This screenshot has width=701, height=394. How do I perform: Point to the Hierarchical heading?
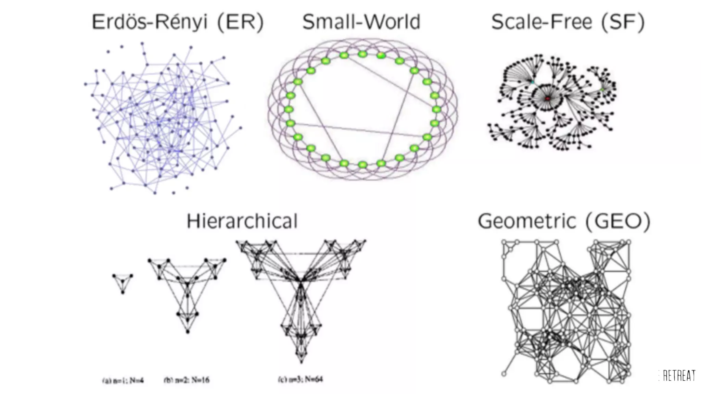pyautogui.click(x=242, y=221)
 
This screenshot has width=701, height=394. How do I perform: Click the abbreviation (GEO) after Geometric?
pyautogui.click(x=618, y=221)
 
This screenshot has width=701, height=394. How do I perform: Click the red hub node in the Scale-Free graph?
pyautogui.click(x=547, y=98)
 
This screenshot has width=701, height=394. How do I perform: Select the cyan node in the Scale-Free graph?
pyautogui.click(x=533, y=82)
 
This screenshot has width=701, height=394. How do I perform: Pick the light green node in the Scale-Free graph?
pyautogui.click(x=602, y=90)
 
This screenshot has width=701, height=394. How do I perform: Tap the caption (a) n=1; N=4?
pyautogui.click(x=123, y=380)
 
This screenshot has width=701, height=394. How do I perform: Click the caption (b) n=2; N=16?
pyautogui.click(x=187, y=380)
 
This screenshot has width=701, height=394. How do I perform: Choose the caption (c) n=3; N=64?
pyautogui.click(x=300, y=379)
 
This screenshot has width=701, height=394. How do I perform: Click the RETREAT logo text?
pyautogui.click(x=679, y=376)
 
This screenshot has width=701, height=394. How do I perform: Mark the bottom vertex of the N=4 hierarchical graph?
pyautogui.click(x=123, y=292)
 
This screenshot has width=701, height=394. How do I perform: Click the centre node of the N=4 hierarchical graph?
pyautogui.click(x=123, y=281)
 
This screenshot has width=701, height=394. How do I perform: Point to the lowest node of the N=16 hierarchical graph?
pyautogui.click(x=188, y=332)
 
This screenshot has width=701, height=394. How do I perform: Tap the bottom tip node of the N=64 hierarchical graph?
pyautogui.click(x=301, y=361)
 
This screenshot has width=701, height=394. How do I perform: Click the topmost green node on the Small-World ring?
pyautogui.click(x=362, y=54)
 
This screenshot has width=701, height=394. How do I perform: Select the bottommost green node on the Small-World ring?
pyautogui.click(x=362, y=165)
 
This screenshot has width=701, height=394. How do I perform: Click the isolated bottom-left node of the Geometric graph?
pyautogui.click(x=504, y=373)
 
